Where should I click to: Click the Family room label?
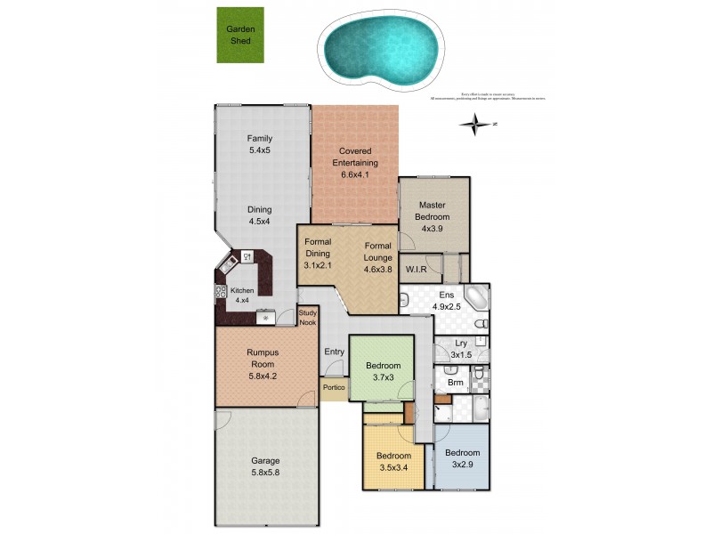[259, 144]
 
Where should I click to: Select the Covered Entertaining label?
[355, 163]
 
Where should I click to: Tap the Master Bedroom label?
[432, 216]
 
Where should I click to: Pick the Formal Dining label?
[318, 253]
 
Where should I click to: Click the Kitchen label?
[242, 295]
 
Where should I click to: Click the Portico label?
[334, 387]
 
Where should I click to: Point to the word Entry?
[334, 352]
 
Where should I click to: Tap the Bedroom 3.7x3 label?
[384, 371]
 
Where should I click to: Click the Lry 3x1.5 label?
[461, 349]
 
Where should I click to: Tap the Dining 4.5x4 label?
[259, 216]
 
